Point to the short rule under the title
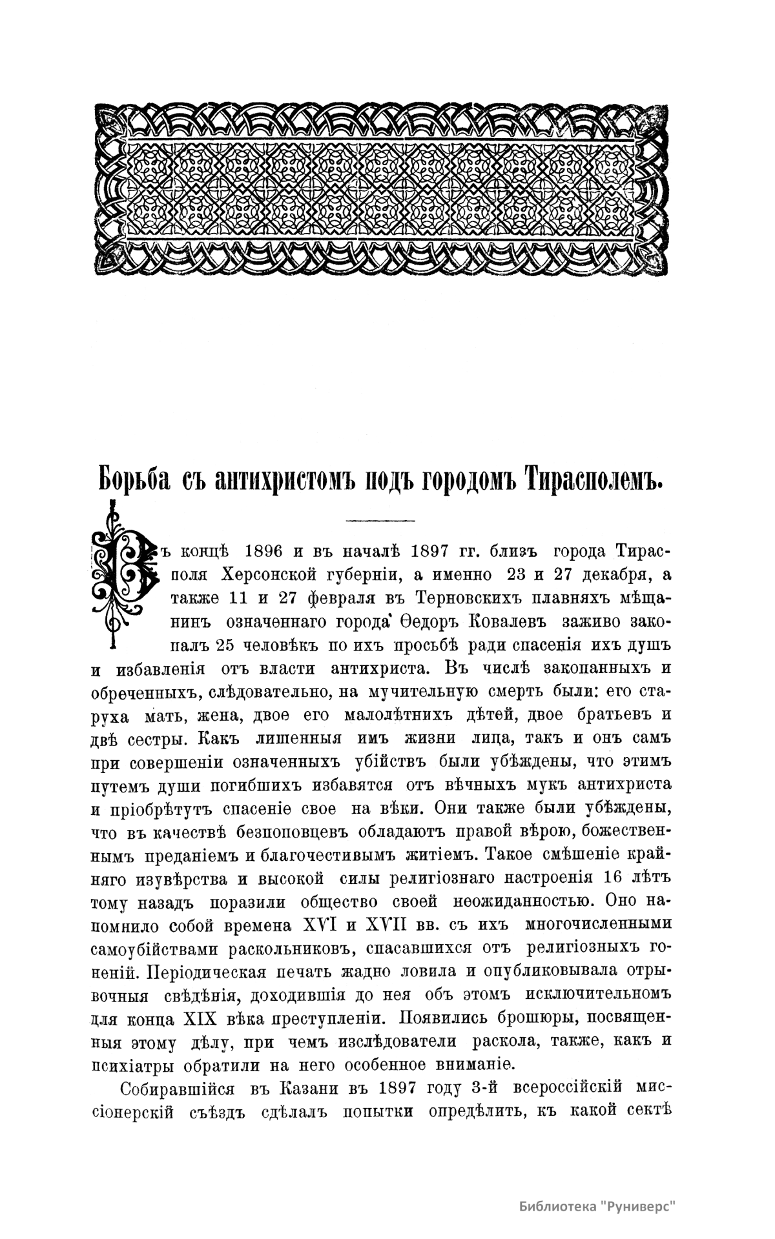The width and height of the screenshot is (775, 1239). (x=380, y=520)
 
